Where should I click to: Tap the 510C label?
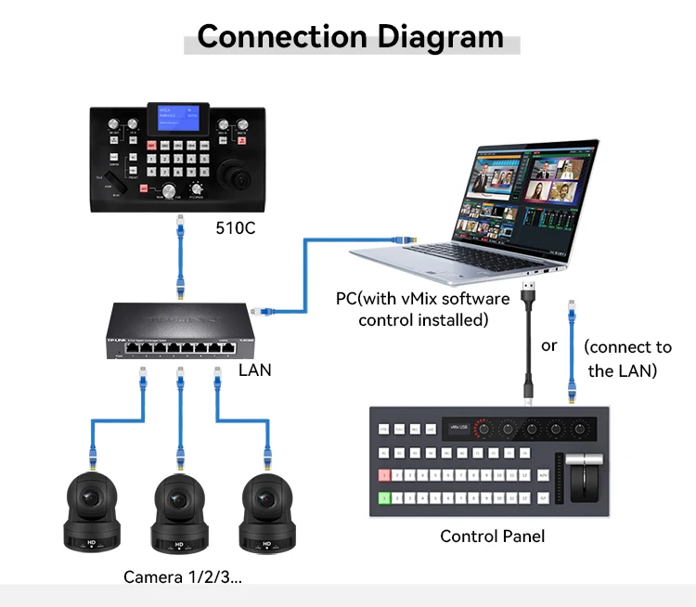pos(235,226)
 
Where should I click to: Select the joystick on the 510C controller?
pos(229,174)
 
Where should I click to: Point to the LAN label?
pos(254,369)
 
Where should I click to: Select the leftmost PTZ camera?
pos(90,510)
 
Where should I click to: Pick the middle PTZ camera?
pos(177,510)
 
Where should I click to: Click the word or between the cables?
pos(549,345)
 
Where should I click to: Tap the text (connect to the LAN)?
pos(627,358)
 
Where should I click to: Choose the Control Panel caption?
pos(492,536)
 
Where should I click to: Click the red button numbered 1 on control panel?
pos(383,474)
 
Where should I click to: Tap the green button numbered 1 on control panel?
pos(383,498)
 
